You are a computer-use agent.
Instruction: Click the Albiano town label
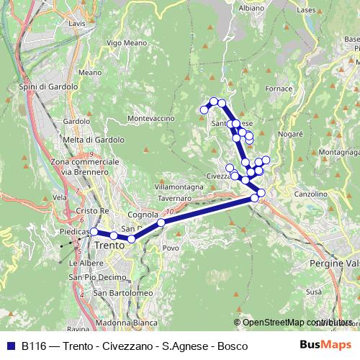(x=251, y=8)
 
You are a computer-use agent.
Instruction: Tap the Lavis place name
(x=77, y=23)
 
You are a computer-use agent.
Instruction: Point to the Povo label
(x=171, y=248)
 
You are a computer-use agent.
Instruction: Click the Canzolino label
(x=310, y=194)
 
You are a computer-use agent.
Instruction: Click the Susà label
(x=314, y=292)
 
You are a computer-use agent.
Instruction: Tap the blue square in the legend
(x=12, y=346)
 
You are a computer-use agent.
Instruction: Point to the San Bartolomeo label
(x=122, y=293)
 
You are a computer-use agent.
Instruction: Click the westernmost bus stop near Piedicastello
(x=94, y=232)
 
